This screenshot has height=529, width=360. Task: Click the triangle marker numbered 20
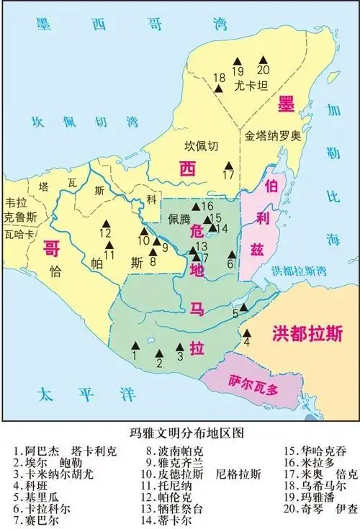pyautogui.click(x=263, y=58)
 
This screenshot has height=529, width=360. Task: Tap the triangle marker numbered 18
pyautogui.click(x=218, y=89)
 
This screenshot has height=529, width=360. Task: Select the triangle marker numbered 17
pyautogui.click(x=228, y=164)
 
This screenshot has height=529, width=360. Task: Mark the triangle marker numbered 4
pyautogui.click(x=247, y=333)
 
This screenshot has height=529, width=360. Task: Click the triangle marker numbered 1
pyautogui.click(x=134, y=345)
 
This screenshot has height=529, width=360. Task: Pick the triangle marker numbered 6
pyautogui.click(x=231, y=254)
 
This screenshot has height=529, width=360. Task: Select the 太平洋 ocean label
pyautogui.click(x=66, y=394)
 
